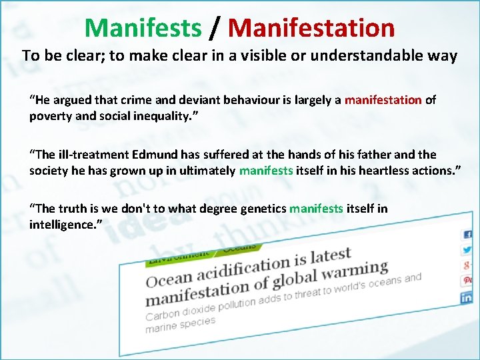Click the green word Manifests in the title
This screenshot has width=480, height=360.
coord(143,28)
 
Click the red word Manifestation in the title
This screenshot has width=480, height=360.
coord(311,28)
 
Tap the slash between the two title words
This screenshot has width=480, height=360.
coord(214,28)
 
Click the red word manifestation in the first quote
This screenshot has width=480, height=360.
coord(383,100)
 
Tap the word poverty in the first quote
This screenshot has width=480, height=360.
coord(49,116)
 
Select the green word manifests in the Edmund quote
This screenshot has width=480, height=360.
coord(266,170)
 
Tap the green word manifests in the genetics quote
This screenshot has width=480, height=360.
coord(316,209)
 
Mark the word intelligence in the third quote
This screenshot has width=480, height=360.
coord(59,225)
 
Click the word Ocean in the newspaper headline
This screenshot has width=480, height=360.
coord(169,277)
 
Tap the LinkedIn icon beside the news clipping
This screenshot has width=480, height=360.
coord(467,297)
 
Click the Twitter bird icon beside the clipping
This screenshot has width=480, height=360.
coord(467,250)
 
